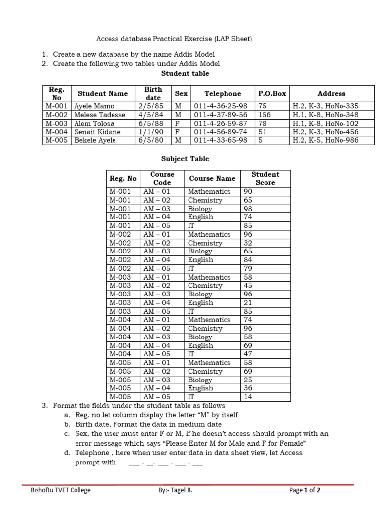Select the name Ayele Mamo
[94, 106]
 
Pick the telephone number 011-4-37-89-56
[221, 115]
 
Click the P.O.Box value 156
[265, 115]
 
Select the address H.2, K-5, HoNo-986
[325, 140]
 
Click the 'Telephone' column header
[223, 93]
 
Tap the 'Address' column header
[332, 93]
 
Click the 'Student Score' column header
[265, 178]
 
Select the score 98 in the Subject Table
[248, 209]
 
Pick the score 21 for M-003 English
[248, 303]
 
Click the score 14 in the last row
[248, 397]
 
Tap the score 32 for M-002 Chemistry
[248, 243]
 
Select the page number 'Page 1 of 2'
[304, 490]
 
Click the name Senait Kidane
[95, 132]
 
